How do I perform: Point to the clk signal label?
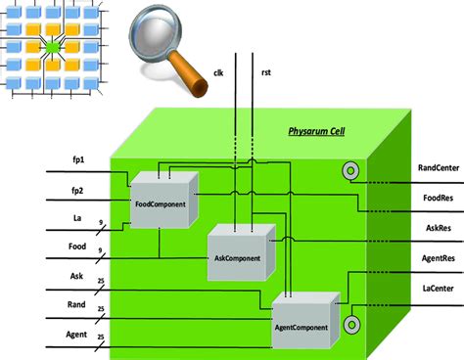point(220,72)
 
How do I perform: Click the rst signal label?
point(266,72)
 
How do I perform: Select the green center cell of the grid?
point(53,47)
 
